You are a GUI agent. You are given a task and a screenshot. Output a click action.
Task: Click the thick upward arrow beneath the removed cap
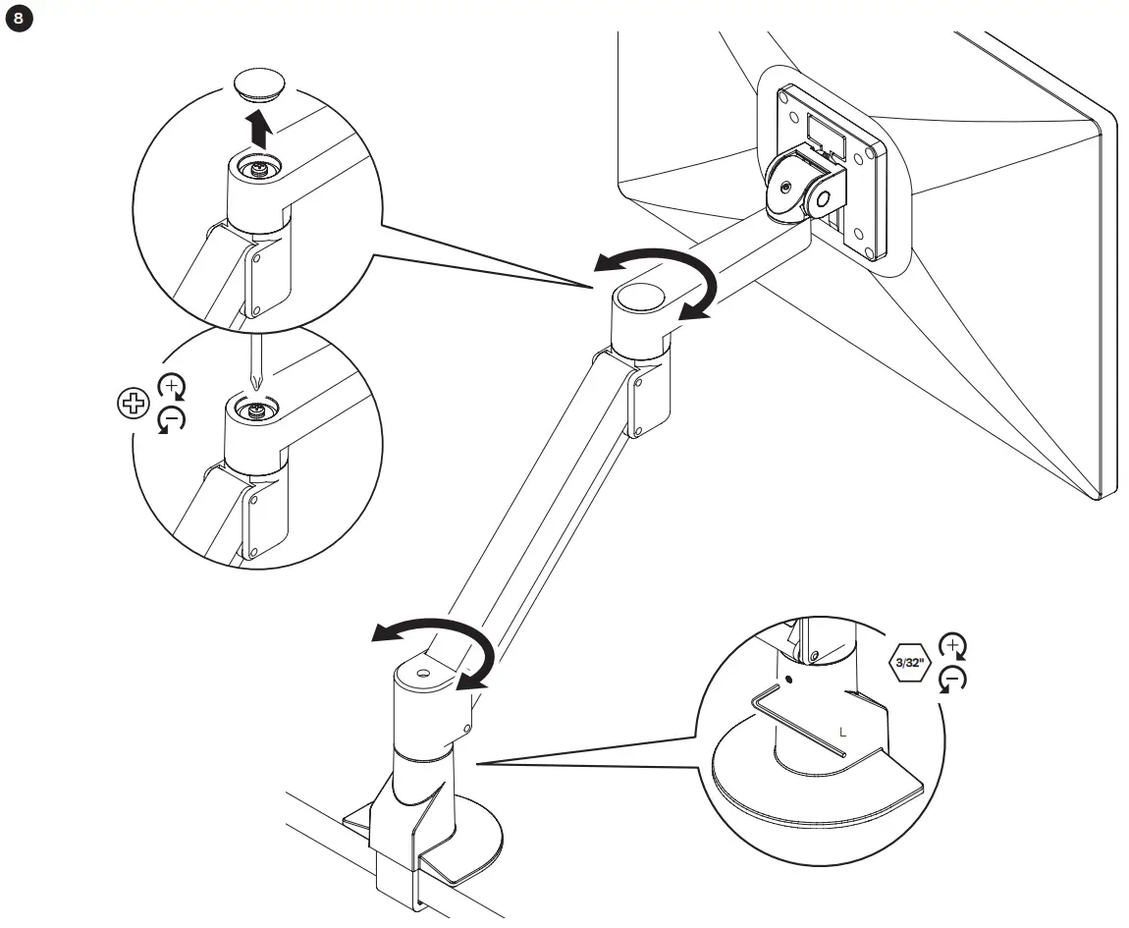point(258,128)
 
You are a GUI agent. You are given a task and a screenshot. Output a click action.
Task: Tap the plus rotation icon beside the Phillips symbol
point(172,386)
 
